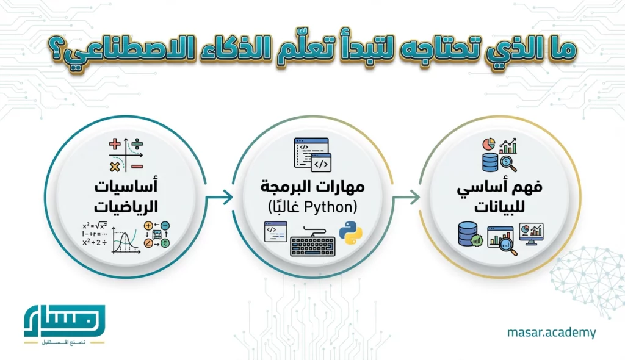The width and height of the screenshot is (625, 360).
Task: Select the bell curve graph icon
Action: point(125,238)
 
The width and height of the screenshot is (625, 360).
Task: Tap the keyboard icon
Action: point(314,242)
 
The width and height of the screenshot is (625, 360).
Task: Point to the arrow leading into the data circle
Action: point(406,197)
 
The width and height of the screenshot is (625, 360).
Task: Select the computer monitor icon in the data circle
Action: point(531,234)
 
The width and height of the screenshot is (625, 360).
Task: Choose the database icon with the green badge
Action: point(471,235)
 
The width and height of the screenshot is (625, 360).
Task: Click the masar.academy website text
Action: point(551,333)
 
